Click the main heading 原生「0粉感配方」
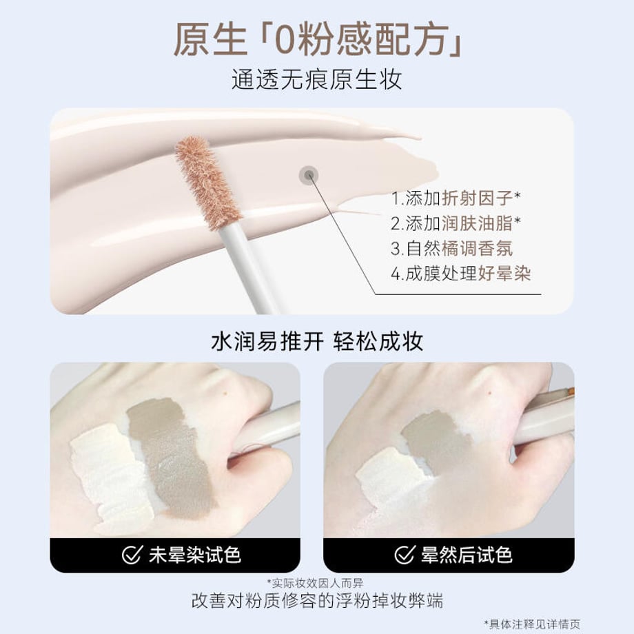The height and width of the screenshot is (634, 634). click(318, 40)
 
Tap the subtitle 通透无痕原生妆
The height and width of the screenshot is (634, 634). click(316, 79)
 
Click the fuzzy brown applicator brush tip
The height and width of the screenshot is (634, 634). click(208, 183)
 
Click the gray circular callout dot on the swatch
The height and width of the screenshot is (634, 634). click(309, 176)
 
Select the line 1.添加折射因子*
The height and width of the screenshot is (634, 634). click(456, 198)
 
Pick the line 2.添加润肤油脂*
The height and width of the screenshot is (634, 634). click(456, 223)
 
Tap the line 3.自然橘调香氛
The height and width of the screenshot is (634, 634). click(451, 248)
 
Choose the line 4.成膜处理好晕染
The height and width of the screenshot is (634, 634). click(460, 274)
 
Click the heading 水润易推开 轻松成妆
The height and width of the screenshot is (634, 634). click(317, 342)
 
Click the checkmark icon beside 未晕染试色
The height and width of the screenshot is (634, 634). click(132, 555)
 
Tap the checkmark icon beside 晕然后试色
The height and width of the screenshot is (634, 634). click(405, 555)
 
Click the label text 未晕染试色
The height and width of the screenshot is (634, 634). click(195, 555)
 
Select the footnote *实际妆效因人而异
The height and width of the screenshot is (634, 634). click(315, 583)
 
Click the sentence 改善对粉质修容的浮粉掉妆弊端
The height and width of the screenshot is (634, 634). click(317, 601)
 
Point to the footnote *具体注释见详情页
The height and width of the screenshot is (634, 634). click(532, 624)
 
